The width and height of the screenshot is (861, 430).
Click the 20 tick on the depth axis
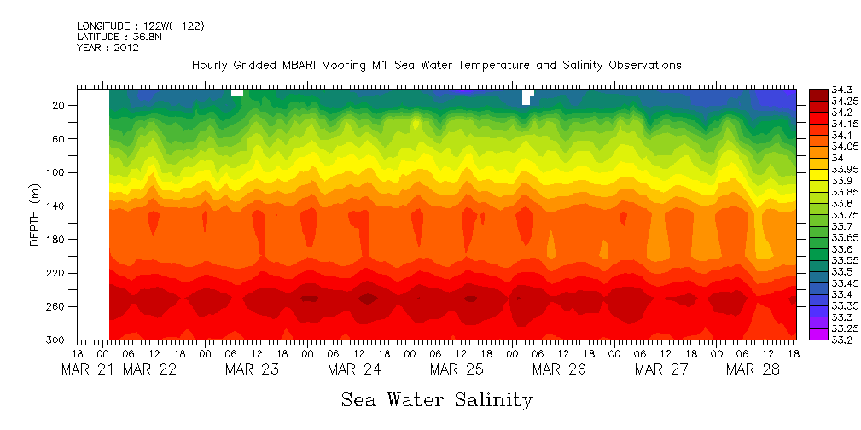(x=60, y=105)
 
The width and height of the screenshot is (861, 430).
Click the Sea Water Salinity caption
(x=437, y=399)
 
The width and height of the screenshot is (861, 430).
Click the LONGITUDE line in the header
(x=140, y=26)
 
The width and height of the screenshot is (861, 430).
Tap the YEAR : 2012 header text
(x=108, y=48)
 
